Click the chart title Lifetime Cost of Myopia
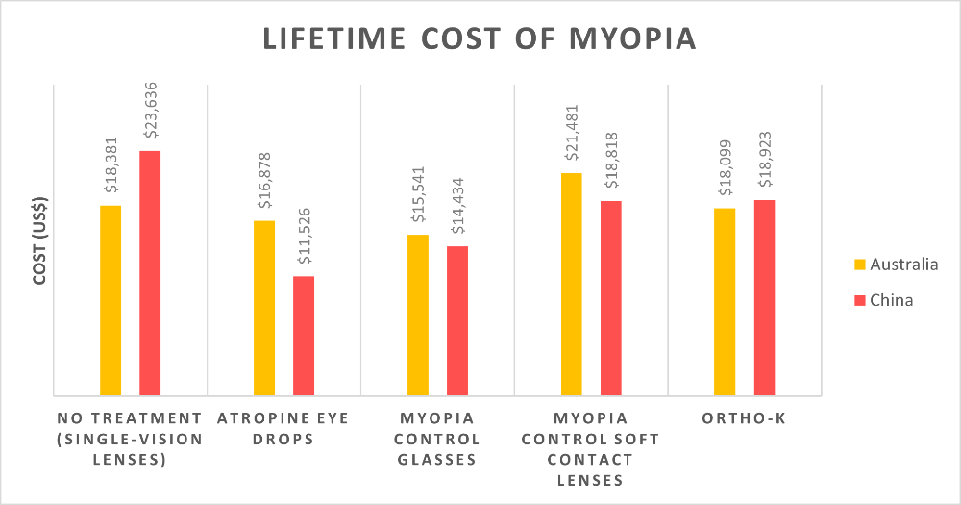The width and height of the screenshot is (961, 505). [x=480, y=40]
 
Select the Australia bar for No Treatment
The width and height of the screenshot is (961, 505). [x=111, y=300]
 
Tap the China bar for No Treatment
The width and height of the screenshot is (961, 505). [x=150, y=273]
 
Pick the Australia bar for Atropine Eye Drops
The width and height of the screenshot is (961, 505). [x=264, y=308]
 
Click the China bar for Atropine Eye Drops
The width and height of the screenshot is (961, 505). [x=304, y=336]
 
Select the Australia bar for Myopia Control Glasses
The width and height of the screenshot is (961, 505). [x=418, y=315]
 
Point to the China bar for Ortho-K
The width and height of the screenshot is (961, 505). [x=764, y=297]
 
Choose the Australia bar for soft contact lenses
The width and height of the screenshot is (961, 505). [x=572, y=284]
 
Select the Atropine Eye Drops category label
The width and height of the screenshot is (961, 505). [x=283, y=428]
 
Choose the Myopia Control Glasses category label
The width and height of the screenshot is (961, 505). [x=437, y=439]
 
